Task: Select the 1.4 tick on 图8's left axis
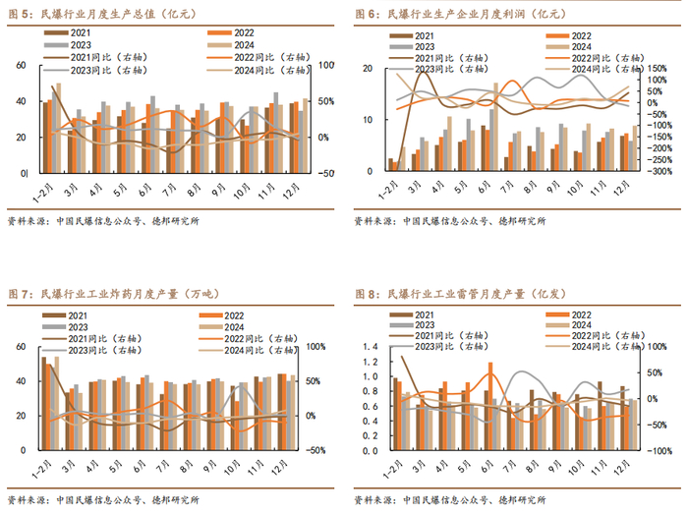coord(371,348)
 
